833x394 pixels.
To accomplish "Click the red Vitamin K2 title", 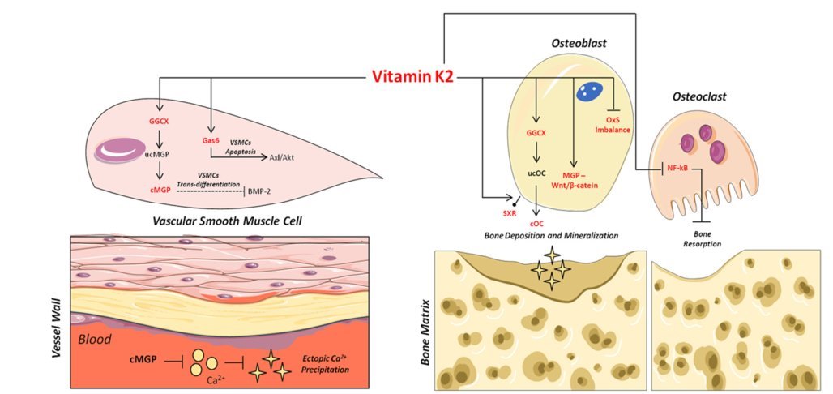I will (412, 78).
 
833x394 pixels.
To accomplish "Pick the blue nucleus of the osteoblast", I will (587, 92).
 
